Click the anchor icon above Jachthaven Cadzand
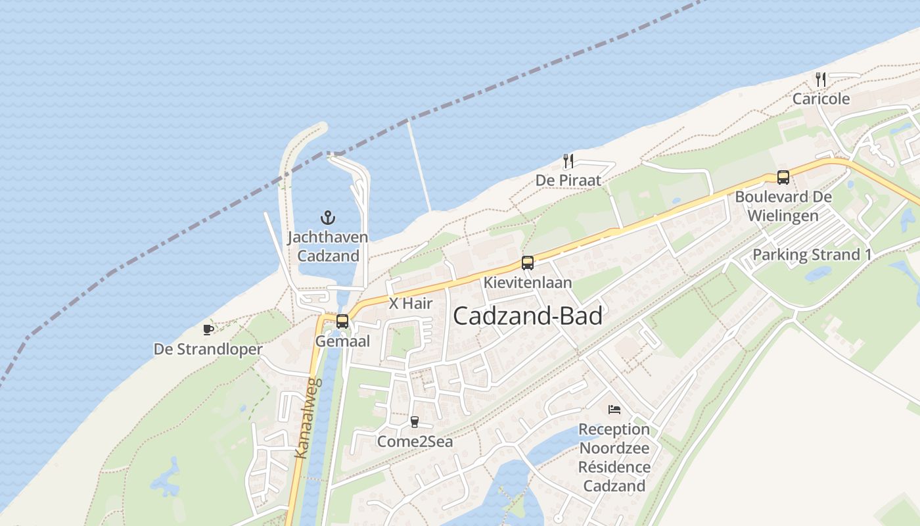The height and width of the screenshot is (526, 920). point(327,217)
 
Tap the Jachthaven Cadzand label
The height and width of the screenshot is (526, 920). point(327,247)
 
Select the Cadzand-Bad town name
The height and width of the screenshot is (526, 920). point(528,316)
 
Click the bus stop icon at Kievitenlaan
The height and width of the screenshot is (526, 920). point(527,263)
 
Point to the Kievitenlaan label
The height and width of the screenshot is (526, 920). point(528,282)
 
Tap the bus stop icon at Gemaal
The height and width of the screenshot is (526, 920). point(342,322)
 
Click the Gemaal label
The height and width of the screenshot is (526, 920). point(342,341)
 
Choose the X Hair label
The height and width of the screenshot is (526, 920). point(411,303)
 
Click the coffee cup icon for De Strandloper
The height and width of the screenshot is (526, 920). point(208,329)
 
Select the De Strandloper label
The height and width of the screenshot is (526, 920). point(208,349)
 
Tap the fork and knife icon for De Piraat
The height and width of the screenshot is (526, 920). point(569,160)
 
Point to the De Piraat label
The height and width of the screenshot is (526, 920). point(568,180)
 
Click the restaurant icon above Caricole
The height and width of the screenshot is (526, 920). point(821,80)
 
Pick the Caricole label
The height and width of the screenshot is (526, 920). point(821,99)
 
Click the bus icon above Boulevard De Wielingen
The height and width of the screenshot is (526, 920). point(783,177)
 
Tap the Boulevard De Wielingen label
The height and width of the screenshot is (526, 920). point(783,206)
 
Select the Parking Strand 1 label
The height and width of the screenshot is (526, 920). point(813,254)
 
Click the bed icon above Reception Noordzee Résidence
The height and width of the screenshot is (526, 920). point(614,410)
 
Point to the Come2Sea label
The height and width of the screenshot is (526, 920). point(415,441)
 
